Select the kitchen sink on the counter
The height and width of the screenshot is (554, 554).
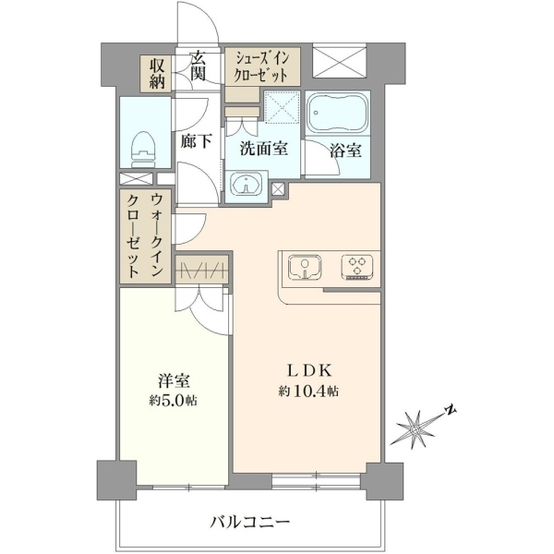click(x=305, y=267)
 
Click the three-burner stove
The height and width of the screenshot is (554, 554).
click(x=357, y=267)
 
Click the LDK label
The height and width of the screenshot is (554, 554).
click(x=309, y=371)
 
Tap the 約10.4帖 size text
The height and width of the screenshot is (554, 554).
click(x=308, y=391)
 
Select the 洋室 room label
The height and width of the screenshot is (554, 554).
click(x=174, y=381)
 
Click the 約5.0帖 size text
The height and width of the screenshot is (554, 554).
click(x=173, y=401)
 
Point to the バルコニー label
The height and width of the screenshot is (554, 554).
click(x=250, y=522)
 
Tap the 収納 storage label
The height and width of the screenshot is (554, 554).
click(x=157, y=74)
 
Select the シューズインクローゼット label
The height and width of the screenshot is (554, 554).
click(x=261, y=66)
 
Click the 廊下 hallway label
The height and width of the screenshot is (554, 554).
click(x=196, y=141)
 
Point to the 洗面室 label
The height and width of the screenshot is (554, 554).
click(x=263, y=149)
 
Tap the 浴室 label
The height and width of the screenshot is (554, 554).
click(x=345, y=151)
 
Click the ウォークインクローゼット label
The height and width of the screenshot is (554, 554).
click(x=145, y=235)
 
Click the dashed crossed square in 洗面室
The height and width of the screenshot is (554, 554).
click(x=282, y=106)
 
